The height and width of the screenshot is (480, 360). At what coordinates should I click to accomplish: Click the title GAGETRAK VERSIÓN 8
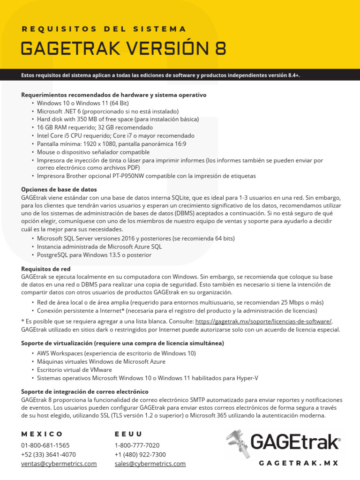(123, 48)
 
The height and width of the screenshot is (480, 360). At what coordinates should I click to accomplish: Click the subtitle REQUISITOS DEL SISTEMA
(104, 29)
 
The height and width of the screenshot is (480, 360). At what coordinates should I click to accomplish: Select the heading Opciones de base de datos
(59, 189)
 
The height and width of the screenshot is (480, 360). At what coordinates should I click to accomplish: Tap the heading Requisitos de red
(46, 269)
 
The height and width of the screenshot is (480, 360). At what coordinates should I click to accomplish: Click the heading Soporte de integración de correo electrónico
(85, 391)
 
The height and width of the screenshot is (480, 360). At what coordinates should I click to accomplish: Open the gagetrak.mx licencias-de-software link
(263, 321)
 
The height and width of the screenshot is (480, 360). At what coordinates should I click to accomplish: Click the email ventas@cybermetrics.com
(59, 464)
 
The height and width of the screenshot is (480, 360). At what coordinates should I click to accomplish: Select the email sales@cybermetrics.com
(150, 464)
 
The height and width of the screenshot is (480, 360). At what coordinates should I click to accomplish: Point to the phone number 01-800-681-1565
(45, 445)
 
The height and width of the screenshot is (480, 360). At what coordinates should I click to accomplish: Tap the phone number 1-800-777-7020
(137, 445)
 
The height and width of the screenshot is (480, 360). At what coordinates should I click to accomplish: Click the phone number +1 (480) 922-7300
(140, 455)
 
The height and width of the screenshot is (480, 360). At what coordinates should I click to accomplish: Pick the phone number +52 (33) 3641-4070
(49, 455)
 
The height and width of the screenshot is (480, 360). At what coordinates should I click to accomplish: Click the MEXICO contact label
(42, 434)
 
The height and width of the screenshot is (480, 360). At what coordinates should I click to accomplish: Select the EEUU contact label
(128, 434)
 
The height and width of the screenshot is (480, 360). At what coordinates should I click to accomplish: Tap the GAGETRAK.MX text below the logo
(299, 463)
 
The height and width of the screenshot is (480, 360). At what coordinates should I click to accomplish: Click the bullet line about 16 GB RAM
(95, 127)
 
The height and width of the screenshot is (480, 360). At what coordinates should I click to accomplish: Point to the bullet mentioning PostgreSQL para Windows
(94, 255)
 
